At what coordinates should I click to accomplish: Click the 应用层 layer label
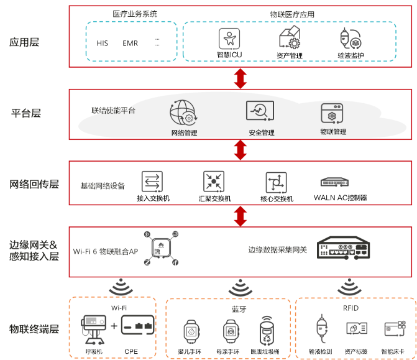tap(24, 43)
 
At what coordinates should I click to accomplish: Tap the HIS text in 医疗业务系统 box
tap(102, 44)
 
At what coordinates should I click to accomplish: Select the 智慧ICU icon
tap(229, 39)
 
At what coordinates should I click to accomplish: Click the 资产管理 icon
tap(289, 38)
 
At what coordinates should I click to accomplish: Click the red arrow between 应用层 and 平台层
tap(240, 78)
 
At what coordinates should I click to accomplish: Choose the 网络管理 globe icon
tap(183, 114)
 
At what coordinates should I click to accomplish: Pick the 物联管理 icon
tap(332, 114)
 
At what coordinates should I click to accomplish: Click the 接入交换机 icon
tap(152, 182)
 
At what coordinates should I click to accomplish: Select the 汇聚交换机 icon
tap(214, 182)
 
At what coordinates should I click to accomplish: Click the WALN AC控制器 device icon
tap(339, 182)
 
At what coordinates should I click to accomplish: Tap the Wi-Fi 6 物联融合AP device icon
tap(162, 248)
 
